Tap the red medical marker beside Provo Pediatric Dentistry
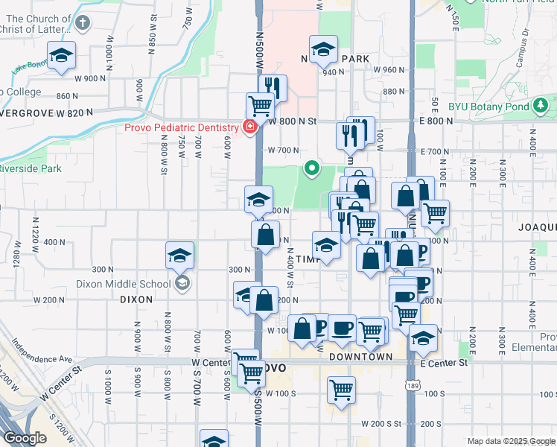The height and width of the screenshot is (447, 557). pos(249,127)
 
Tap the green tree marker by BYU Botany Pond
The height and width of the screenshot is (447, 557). pos(541,107)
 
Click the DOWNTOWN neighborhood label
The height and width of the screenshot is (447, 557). pos(361,357)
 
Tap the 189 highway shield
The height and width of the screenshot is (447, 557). pos(412,384)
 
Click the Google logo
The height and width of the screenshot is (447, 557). pos(24,438)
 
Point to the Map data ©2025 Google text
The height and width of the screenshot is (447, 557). pos(510,441)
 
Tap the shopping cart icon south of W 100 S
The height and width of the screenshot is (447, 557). pos(341,389)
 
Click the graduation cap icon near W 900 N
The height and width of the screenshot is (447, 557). pos(61,54)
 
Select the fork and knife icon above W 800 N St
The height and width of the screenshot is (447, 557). pos(273,87)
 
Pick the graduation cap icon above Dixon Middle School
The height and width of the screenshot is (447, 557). pos(179,255)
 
